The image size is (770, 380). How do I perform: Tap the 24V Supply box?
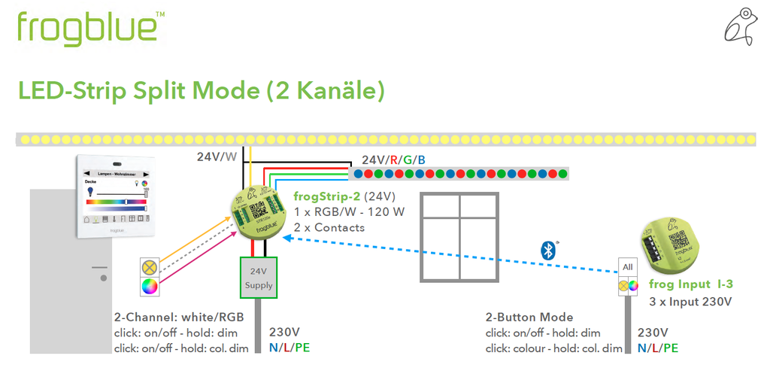[258, 278]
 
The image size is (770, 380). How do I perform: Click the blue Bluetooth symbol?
[549, 251]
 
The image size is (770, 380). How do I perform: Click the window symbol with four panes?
[459, 238]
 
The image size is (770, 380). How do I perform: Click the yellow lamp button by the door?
[150, 266]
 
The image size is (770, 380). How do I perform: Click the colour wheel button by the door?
[150, 286]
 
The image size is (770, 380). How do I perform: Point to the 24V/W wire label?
[217, 157]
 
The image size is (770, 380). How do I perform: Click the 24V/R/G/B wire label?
[393, 160]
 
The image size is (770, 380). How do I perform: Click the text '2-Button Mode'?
[529, 317]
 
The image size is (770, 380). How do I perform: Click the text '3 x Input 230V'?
[690, 302]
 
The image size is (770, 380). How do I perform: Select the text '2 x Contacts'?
[329, 227]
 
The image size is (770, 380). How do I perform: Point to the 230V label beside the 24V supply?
[285, 332]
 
